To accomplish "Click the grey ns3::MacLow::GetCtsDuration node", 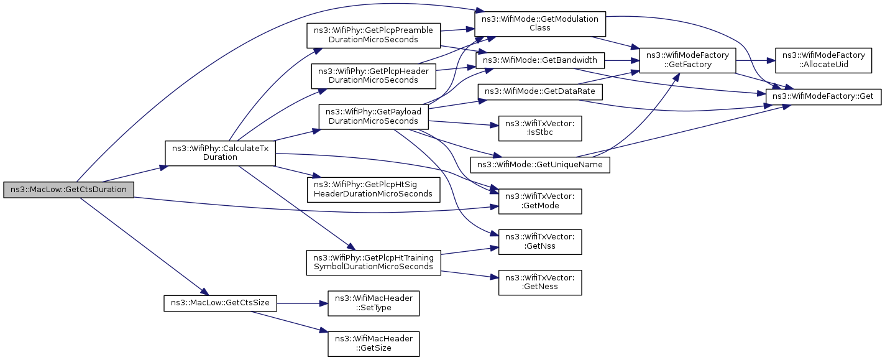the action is pyautogui.click(x=69, y=190).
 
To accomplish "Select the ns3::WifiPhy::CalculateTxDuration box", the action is pyautogui.click(x=220, y=153).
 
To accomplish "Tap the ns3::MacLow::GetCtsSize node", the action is pyautogui.click(x=220, y=303).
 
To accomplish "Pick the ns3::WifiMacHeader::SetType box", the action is pyautogui.click(x=374, y=303).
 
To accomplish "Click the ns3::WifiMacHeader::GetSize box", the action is pyautogui.click(x=374, y=344).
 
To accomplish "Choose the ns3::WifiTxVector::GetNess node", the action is pyautogui.click(x=540, y=282).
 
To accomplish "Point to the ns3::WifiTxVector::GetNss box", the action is pyautogui.click(x=540, y=242).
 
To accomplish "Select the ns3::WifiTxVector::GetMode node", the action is pyautogui.click(x=540, y=201).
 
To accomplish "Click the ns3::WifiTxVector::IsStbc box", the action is pyautogui.click(x=540, y=129).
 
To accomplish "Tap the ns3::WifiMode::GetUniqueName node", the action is pyautogui.click(x=540, y=165).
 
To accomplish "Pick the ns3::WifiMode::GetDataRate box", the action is pyautogui.click(x=540, y=91).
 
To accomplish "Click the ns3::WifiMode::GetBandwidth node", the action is pyautogui.click(x=540, y=60).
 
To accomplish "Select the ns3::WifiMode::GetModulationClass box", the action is pyautogui.click(x=540, y=24).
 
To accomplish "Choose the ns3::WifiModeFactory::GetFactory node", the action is pyautogui.click(x=687, y=60).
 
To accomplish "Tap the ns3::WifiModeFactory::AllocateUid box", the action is pyautogui.click(x=823, y=60).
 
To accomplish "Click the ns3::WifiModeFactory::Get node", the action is pyautogui.click(x=823, y=97).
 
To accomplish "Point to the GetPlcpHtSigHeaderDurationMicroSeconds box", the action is pyautogui.click(x=374, y=190).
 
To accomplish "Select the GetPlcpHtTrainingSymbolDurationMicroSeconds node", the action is pyautogui.click(x=374, y=262).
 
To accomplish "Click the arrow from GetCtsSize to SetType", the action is pyautogui.click(x=302, y=303).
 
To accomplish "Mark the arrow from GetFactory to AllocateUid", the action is pyautogui.click(x=755, y=60).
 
